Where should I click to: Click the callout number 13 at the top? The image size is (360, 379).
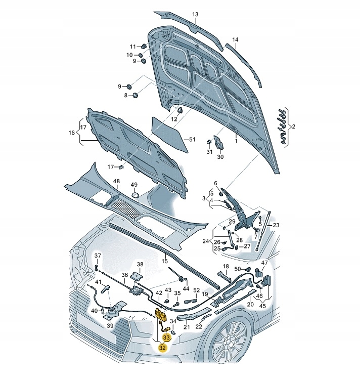click(195, 14)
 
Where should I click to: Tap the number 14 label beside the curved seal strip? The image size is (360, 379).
click(235, 39)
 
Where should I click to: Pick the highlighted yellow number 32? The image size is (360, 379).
click(162, 348)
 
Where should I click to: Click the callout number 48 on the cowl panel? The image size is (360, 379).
click(116, 181)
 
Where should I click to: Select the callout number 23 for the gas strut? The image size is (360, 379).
click(276, 225)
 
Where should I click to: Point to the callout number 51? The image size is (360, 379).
click(192, 139)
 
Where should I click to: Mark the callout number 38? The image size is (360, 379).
click(140, 265)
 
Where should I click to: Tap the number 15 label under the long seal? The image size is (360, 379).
click(164, 261)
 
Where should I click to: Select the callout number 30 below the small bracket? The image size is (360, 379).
click(220, 157)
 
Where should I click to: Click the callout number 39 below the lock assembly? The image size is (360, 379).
click(110, 325)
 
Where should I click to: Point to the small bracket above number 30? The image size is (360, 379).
click(219, 142)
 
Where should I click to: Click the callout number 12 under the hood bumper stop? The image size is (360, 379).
click(174, 119)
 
